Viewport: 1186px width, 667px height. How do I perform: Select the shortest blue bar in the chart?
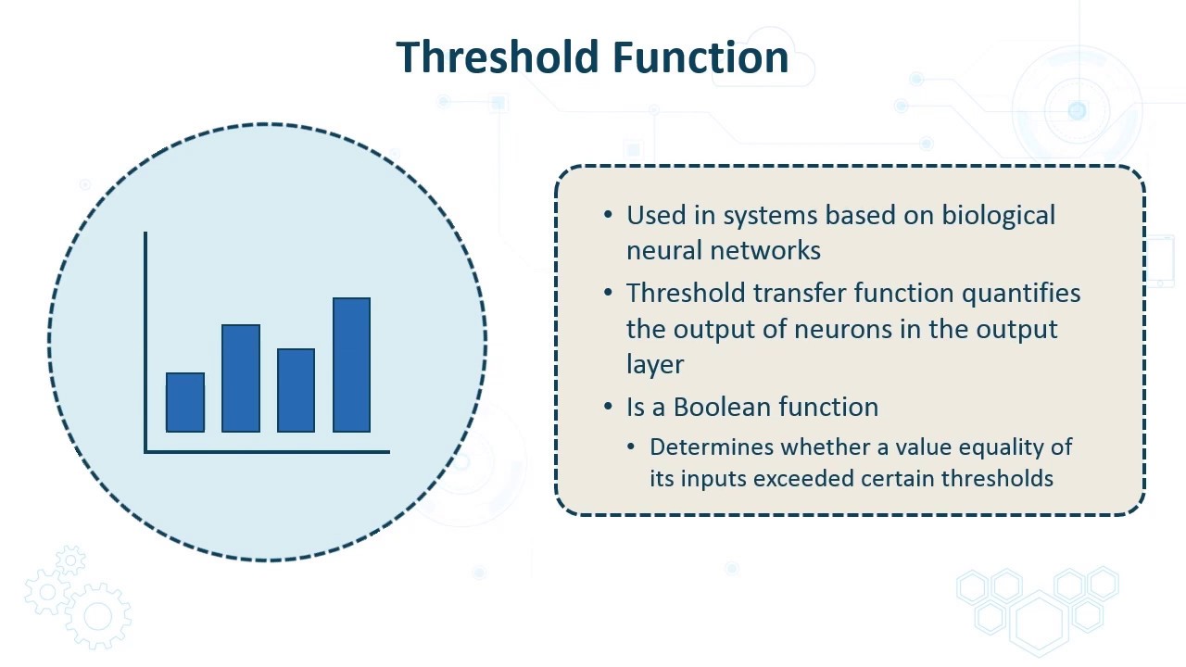coord(185,402)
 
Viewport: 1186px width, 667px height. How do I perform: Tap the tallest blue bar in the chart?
coord(352,365)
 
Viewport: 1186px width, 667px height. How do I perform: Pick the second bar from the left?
coord(241,378)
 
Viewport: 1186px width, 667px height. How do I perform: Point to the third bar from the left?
coord(296,390)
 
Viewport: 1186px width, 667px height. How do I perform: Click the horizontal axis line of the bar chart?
coord(267,452)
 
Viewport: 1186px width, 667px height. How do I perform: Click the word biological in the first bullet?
coord(998,215)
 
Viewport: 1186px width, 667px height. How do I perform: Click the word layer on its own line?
coord(654,364)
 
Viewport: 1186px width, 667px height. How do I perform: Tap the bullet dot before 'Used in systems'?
coord(608,215)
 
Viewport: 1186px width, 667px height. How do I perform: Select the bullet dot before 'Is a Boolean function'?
coord(608,407)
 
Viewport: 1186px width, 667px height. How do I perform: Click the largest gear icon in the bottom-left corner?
coord(98,615)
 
